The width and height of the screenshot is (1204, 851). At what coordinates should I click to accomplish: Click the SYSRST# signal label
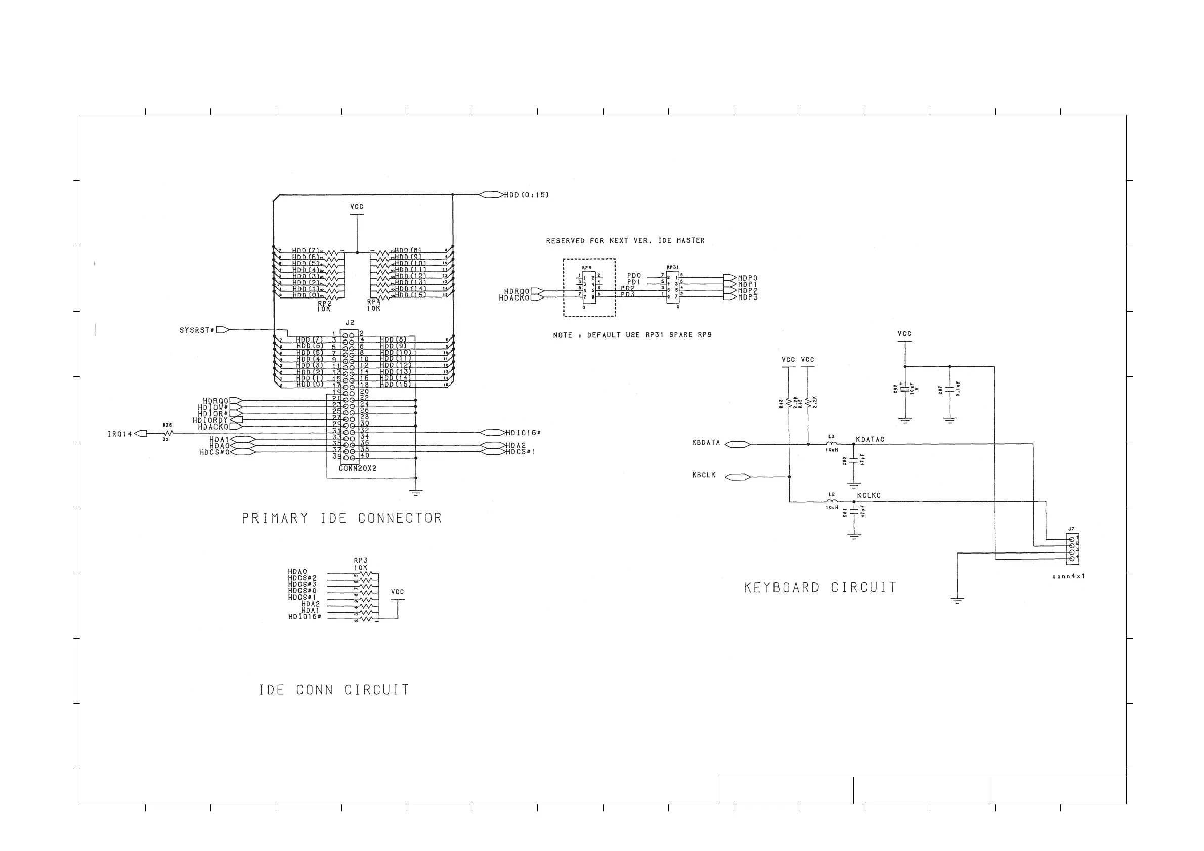click(196, 330)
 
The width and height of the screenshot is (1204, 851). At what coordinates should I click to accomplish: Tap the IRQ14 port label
click(119, 434)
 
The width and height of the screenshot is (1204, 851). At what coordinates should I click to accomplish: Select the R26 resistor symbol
click(168, 433)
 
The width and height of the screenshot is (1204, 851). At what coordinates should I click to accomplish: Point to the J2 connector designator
click(350, 323)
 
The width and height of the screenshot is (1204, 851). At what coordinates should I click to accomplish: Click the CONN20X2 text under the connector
click(358, 468)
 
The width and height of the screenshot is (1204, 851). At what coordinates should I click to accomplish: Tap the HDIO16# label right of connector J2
click(523, 433)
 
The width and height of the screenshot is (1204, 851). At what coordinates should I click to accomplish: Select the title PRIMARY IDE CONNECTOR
click(342, 518)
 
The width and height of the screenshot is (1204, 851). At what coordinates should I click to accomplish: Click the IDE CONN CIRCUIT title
click(334, 690)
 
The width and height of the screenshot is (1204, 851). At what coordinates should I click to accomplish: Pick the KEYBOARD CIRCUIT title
click(820, 588)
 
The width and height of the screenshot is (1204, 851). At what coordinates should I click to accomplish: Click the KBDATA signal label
click(706, 443)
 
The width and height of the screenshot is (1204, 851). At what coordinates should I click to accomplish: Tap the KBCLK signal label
click(704, 475)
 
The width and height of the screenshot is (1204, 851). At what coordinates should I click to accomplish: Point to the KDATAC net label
click(870, 439)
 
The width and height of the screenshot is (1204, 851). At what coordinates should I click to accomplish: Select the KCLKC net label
click(869, 495)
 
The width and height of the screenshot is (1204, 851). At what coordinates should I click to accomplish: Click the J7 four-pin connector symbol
click(1072, 548)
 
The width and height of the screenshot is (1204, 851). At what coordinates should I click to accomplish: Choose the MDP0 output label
click(747, 278)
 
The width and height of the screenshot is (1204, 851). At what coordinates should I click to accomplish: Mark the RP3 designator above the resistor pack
click(360, 560)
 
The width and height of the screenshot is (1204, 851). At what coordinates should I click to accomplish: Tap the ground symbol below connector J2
click(416, 492)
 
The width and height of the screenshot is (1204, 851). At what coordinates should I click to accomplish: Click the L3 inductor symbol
click(832, 444)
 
